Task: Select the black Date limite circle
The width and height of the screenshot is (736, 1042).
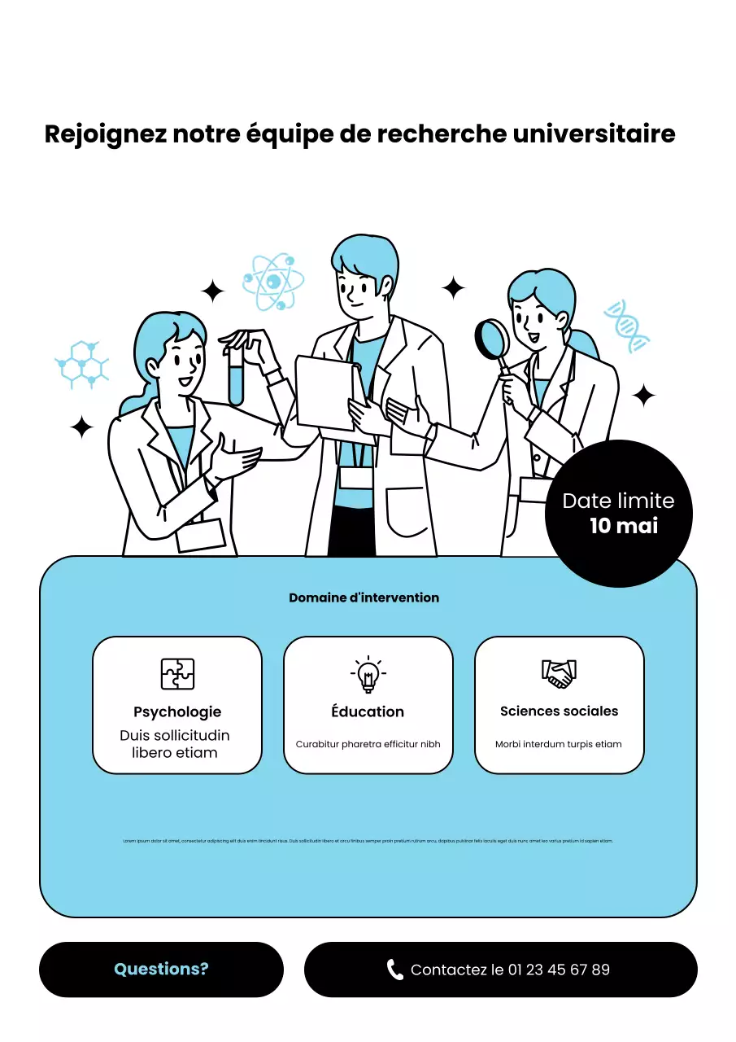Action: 618,513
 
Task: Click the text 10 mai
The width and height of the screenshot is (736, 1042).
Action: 624,526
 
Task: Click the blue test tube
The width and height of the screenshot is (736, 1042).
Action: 236,376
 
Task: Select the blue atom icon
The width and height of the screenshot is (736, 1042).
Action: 273,282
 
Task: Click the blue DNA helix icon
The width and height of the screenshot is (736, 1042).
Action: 627,326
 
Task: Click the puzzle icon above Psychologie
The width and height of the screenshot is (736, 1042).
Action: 177,674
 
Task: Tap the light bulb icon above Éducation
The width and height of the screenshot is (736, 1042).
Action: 368,674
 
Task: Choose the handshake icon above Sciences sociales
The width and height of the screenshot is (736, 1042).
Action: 559,673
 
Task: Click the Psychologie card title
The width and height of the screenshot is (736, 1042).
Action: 177,712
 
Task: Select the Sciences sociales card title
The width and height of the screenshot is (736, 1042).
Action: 559,711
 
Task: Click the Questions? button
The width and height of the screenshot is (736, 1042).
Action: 161,970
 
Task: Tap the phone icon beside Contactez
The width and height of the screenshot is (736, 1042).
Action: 395,970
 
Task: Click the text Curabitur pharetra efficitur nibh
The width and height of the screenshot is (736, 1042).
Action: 368,744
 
